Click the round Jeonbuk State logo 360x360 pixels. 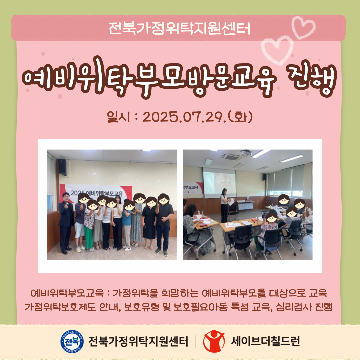72,341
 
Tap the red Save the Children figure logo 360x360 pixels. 214,341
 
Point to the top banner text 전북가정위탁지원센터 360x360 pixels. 179,28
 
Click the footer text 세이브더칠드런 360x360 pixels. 265,341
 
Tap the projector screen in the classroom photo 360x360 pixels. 219,183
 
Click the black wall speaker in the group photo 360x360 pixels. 62,167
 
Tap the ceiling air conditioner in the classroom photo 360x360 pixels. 231,157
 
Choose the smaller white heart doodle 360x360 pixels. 304,27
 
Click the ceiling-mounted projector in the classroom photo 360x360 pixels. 245,153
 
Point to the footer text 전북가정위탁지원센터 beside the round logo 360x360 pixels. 138,341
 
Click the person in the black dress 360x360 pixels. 149,223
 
